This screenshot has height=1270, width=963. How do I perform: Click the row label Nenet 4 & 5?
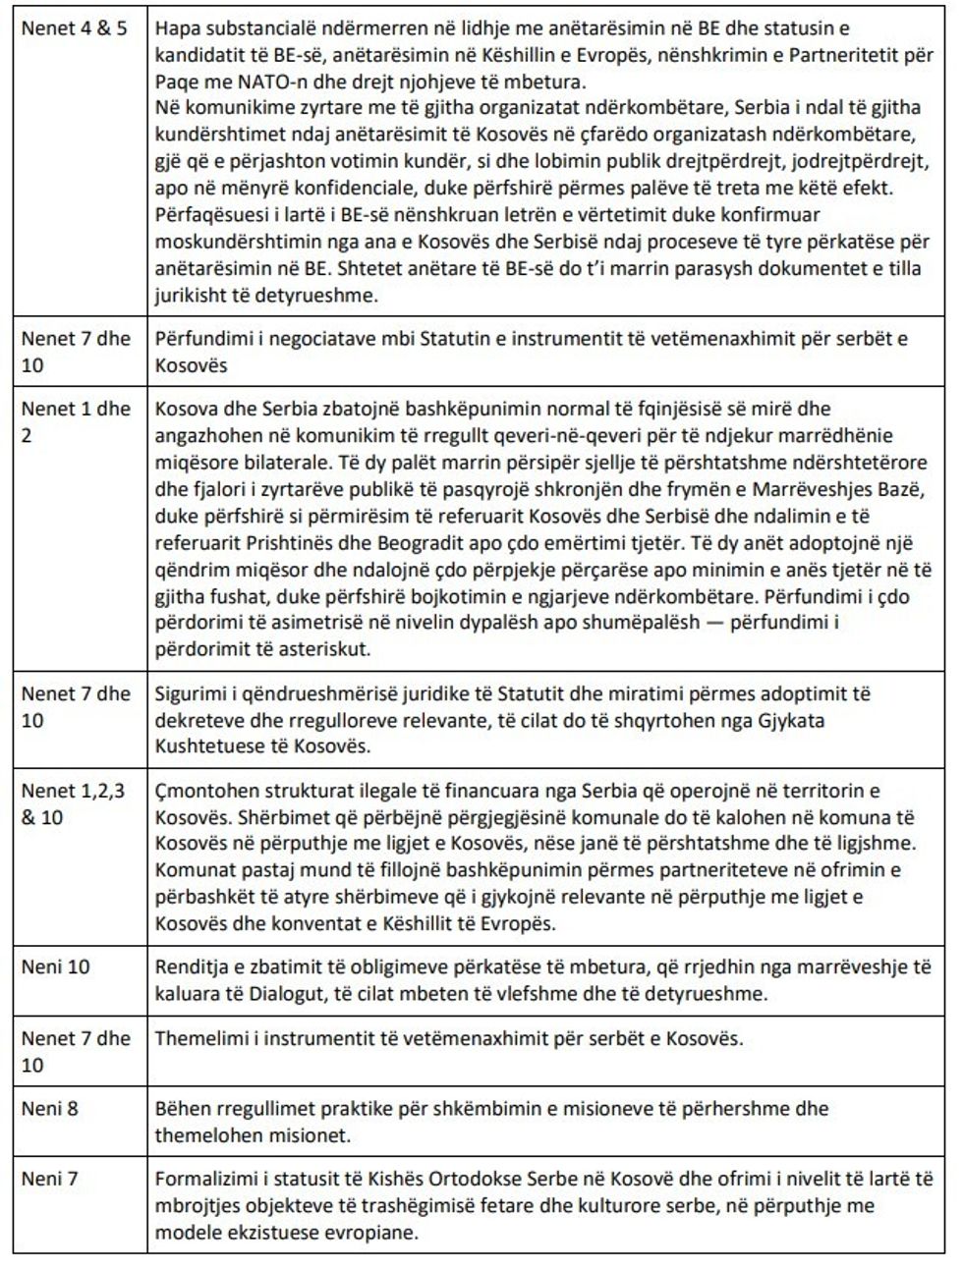pyautogui.click(x=75, y=28)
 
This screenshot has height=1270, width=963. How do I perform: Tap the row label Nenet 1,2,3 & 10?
pyautogui.click(x=74, y=802)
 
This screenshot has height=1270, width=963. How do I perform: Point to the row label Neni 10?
pyautogui.click(x=55, y=966)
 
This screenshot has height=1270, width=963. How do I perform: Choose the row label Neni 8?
pyautogui.click(x=50, y=1108)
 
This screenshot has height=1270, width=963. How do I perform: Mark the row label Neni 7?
pyautogui.click(x=50, y=1179)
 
